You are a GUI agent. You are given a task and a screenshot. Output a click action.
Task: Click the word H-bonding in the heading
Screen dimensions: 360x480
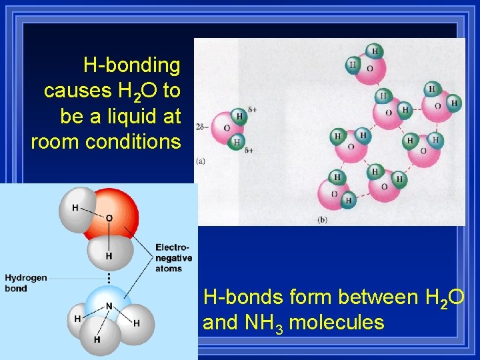coord(131,65)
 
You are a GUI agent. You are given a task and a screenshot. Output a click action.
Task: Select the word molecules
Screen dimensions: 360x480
coord(337,323)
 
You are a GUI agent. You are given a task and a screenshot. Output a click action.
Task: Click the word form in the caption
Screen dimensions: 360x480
coord(313,297)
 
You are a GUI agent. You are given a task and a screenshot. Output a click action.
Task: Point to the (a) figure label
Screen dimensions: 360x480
coord(201,160)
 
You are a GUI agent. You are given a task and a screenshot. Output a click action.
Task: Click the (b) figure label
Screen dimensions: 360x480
coord(323,219)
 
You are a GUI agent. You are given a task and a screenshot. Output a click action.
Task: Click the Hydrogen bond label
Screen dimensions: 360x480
coord(26,283)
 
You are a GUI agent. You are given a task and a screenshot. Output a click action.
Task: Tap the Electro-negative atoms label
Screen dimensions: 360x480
coord(173,258)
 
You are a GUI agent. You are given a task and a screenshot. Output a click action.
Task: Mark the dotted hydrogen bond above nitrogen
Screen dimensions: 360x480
coord(108,275)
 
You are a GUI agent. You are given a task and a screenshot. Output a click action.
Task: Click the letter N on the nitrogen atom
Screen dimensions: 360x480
coord(108,306)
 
